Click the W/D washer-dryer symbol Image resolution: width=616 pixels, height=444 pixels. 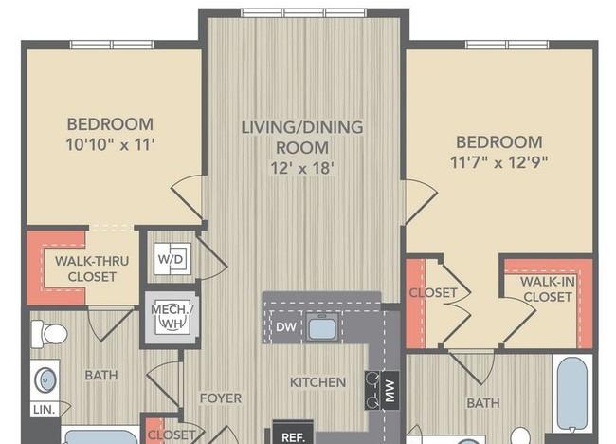172,259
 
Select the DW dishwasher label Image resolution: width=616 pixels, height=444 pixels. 286,326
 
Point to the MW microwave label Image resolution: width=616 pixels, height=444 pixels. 390,391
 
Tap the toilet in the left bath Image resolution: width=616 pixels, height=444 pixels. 49,334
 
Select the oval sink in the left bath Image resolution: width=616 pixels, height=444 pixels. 45,380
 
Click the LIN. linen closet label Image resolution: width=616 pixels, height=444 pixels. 45,410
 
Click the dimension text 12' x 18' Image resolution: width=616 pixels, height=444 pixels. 302,168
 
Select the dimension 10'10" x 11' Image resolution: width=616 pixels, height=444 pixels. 110,145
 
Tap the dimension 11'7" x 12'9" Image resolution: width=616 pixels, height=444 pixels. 498,162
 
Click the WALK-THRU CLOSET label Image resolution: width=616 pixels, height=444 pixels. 92,268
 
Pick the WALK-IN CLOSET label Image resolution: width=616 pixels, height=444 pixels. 548,289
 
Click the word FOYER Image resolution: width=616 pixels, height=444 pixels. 221,398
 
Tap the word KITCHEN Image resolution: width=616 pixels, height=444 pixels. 317,382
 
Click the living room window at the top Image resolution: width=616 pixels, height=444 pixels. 303,13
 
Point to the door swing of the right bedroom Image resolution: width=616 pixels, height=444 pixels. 421,201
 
